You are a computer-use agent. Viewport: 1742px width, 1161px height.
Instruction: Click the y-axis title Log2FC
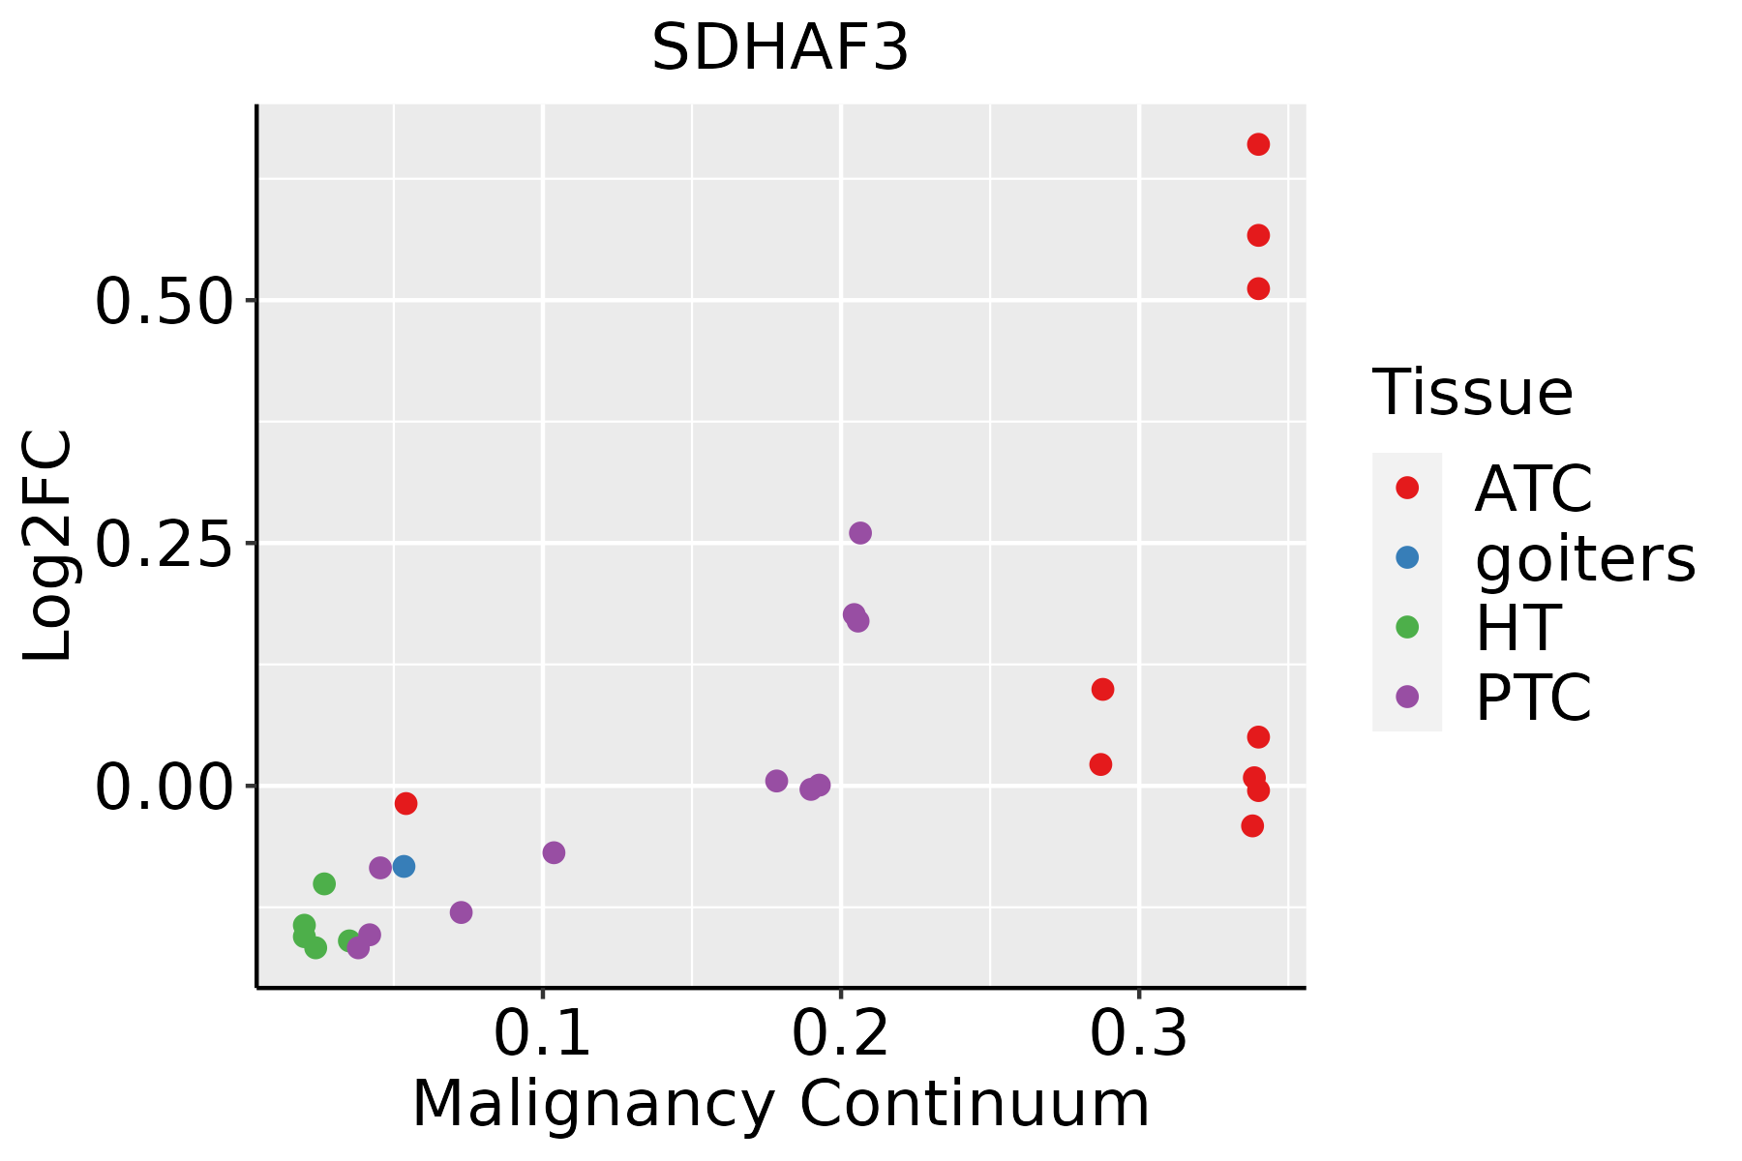pyautogui.click(x=48, y=547)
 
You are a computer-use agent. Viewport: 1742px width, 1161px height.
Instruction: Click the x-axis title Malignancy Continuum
pyautogui.click(x=780, y=1104)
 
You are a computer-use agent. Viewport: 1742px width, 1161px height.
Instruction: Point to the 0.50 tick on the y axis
pyautogui.click(x=164, y=301)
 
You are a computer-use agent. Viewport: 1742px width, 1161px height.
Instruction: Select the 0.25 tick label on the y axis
pyautogui.click(x=164, y=544)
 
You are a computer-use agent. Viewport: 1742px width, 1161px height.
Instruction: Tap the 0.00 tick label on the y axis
pyautogui.click(x=164, y=786)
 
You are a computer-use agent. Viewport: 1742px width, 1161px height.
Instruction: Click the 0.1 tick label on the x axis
pyautogui.click(x=542, y=1034)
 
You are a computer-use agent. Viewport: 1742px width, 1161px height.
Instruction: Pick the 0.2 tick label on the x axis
pyautogui.click(x=840, y=1034)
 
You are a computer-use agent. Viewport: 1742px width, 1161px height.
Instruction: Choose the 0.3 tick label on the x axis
pyautogui.click(x=1139, y=1034)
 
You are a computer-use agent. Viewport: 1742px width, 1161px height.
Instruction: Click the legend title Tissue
pyautogui.click(x=1472, y=393)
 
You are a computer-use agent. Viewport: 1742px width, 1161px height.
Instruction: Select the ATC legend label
pyautogui.click(x=1533, y=489)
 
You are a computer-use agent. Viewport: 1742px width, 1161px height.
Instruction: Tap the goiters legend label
pyautogui.click(x=1584, y=558)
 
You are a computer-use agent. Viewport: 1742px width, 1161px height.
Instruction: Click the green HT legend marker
pyautogui.click(x=1407, y=627)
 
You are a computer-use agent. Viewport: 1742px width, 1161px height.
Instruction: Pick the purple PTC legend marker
pyautogui.click(x=1407, y=697)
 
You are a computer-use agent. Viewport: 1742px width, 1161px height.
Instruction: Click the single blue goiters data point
pyautogui.click(x=404, y=866)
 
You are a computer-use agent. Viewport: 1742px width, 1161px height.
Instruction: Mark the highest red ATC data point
pyautogui.click(x=1258, y=145)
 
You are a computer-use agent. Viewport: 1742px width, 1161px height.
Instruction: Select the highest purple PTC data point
pyautogui.click(x=859, y=533)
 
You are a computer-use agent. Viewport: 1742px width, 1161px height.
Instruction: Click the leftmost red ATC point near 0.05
pyautogui.click(x=405, y=803)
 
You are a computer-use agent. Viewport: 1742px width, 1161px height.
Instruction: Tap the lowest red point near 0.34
pyautogui.click(x=1252, y=825)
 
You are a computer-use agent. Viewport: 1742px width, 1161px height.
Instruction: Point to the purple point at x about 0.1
pyautogui.click(x=554, y=852)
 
